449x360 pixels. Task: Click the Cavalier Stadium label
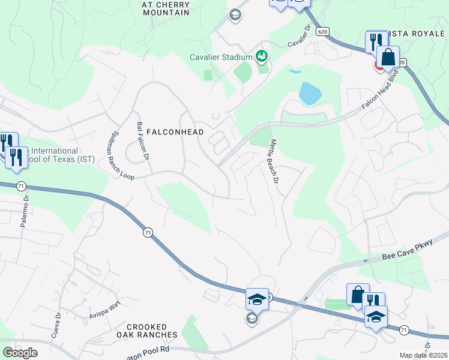pos(220,58)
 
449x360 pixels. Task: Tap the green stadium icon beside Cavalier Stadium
pos(262,57)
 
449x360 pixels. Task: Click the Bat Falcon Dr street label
pos(142,141)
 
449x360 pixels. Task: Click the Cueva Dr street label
pos(58,323)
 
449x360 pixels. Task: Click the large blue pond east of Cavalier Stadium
pos(310,93)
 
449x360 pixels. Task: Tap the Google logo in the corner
pos(20,353)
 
